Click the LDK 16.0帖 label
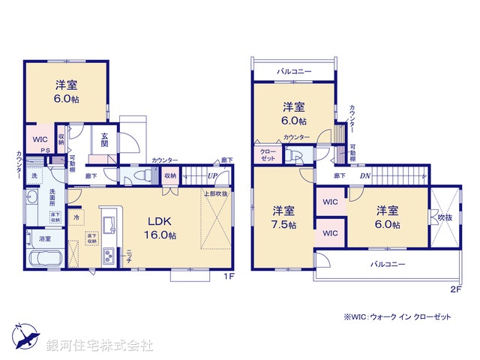(x=160, y=227)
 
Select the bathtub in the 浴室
(x=43, y=260)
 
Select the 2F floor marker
(x=455, y=289)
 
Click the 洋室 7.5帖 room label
(x=283, y=217)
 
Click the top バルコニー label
(x=293, y=71)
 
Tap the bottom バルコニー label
(x=388, y=265)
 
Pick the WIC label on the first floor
(x=39, y=139)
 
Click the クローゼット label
(x=268, y=155)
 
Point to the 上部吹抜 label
(x=215, y=194)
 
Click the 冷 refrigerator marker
(x=76, y=217)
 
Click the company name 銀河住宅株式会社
(x=100, y=345)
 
